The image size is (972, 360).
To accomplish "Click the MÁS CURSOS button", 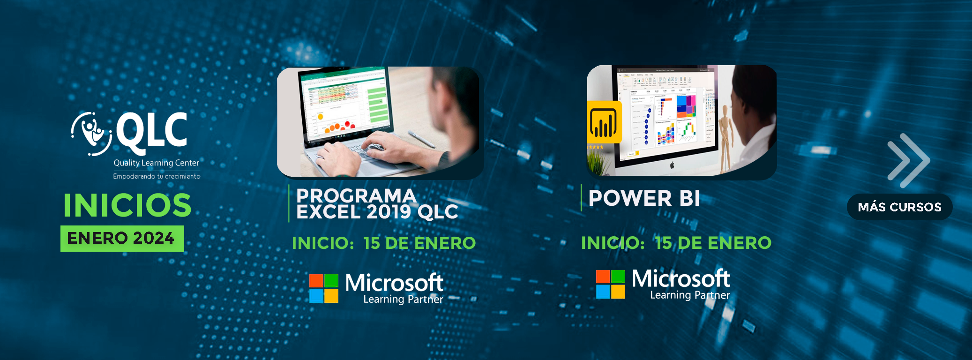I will point(899,207).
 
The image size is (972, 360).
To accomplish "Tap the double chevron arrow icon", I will point(908,160).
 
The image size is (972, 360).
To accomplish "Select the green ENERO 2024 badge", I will point(122,238).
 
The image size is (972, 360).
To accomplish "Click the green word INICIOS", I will point(127,205).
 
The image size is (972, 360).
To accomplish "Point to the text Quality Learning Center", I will point(156,163).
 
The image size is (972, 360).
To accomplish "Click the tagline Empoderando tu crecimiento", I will point(157,176).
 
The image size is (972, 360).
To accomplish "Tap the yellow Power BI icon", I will point(604,122).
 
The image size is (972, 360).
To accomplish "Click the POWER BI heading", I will point(644,198).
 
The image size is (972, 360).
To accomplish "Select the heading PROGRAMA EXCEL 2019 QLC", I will point(377,204).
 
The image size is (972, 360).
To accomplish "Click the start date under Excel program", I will point(383,243).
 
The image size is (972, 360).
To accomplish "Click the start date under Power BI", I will point(676,242).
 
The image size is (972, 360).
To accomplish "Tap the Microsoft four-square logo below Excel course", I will point(324,288).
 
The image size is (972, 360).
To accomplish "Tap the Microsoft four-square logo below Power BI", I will point(610,284).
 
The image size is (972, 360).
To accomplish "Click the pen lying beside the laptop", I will point(421,140).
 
